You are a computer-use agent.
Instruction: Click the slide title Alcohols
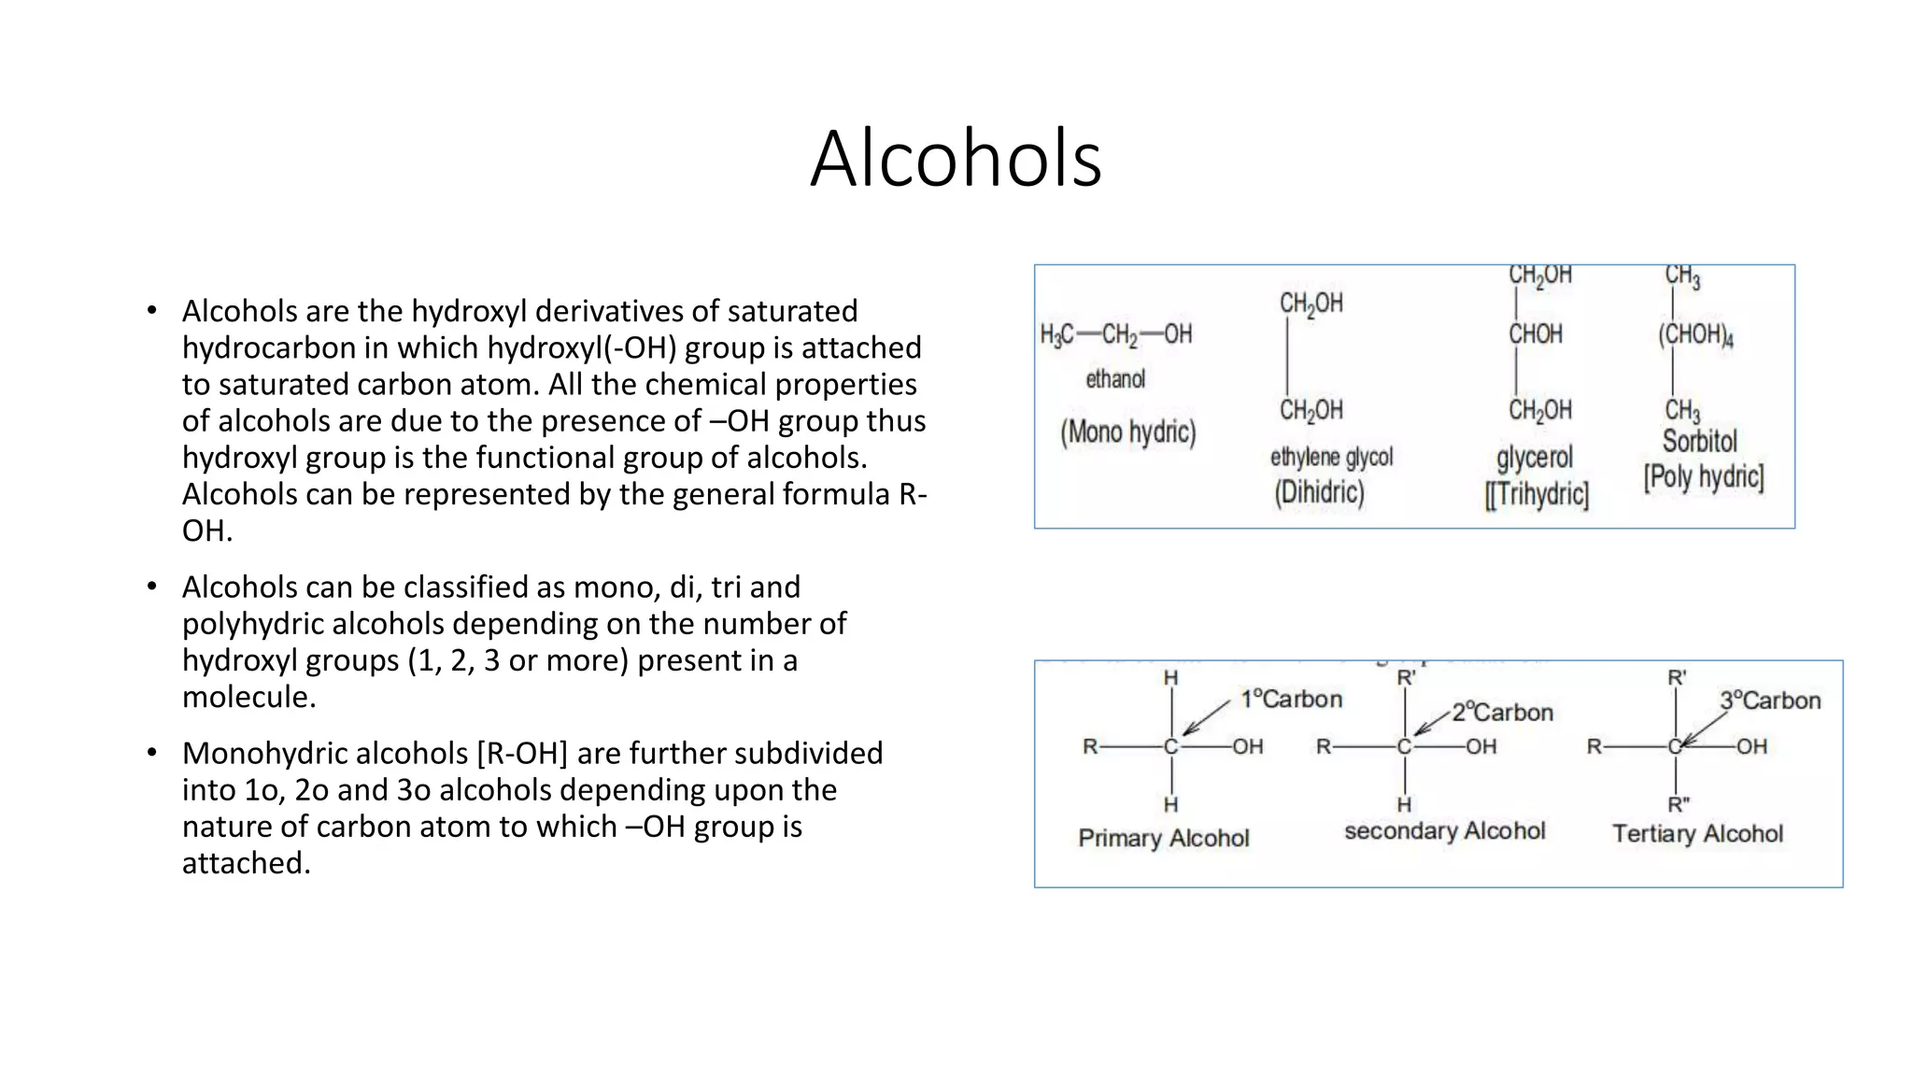point(956,159)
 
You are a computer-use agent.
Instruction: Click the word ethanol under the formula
point(1115,379)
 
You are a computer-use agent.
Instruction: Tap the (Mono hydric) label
point(1127,432)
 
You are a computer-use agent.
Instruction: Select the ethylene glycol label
point(1331,457)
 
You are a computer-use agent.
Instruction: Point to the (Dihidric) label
point(1319,492)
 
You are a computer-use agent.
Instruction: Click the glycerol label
point(1535,458)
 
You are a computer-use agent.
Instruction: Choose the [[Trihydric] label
point(1537,494)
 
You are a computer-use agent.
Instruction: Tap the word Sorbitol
point(1699,441)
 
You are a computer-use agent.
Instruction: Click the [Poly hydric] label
point(1704,477)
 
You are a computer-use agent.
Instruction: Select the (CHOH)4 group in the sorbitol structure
point(1695,334)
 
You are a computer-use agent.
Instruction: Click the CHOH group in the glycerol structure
point(1536,334)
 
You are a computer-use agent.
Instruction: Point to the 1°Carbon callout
point(1291,699)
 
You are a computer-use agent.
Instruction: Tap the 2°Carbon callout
point(1502,713)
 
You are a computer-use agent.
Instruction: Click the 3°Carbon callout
point(1770,701)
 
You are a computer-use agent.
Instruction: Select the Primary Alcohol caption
point(1163,838)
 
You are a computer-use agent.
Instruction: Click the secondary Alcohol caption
point(1444,831)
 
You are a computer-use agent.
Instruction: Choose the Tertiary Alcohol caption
point(1697,834)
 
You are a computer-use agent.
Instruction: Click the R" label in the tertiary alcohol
point(1679,804)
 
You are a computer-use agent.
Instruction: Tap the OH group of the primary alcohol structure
point(1248,746)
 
